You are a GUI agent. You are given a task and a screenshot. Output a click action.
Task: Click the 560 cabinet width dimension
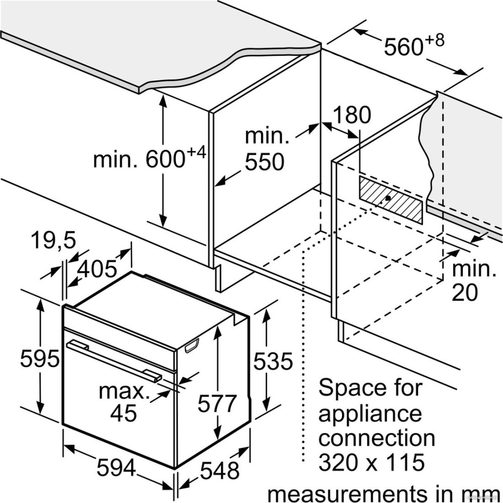(x=403, y=47)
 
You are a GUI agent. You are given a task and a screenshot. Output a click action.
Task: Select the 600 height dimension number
(x=165, y=159)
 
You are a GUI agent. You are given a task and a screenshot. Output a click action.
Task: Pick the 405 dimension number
(x=97, y=269)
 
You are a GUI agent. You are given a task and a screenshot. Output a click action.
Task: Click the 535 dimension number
(x=273, y=361)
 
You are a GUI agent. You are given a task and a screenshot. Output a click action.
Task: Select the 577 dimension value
(x=217, y=403)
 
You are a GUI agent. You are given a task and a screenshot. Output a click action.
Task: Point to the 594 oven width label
(x=116, y=467)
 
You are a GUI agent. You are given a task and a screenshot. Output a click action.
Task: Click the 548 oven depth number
(x=220, y=471)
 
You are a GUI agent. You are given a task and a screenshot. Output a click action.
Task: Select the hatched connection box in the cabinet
(x=391, y=199)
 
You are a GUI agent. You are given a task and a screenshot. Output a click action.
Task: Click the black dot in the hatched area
(x=388, y=198)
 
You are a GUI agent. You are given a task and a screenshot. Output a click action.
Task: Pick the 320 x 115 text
(x=372, y=462)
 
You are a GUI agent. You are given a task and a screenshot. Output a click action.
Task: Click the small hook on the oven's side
(x=192, y=346)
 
